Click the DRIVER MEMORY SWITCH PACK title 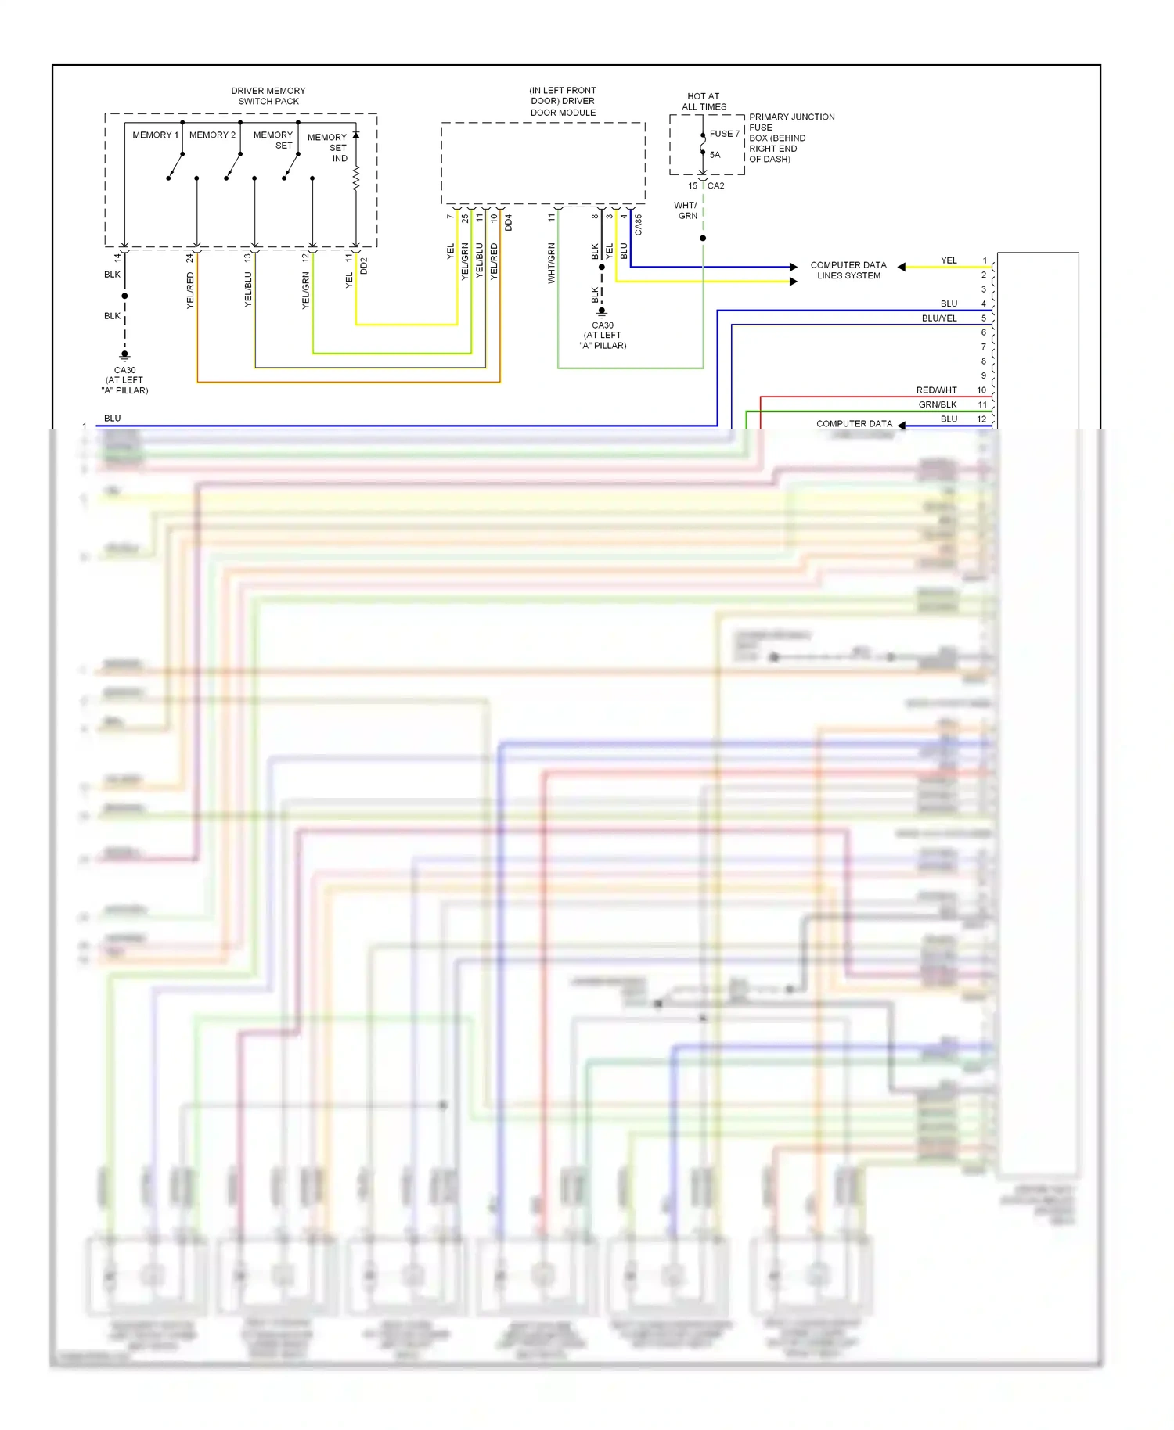click(268, 95)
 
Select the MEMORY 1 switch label click(155, 135)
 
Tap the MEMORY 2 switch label click(212, 135)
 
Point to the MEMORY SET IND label click(329, 147)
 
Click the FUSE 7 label click(724, 134)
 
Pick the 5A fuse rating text click(715, 155)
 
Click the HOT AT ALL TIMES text click(703, 101)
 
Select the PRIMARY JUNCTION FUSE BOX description click(790, 138)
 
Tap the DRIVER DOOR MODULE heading click(563, 101)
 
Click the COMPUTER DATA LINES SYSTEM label click(848, 270)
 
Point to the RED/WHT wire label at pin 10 click(936, 390)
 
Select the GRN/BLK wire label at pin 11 click(937, 404)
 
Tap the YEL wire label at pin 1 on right click(949, 260)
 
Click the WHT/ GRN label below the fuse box click(686, 210)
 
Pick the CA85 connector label click(638, 225)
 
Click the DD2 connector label click(364, 265)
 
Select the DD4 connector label click(508, 222)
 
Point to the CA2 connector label click(715, 185)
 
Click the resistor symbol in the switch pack click(356, 178)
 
